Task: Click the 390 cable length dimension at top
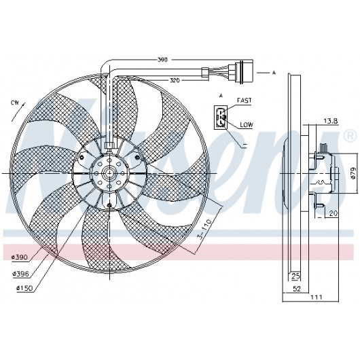click(x=162, y=60)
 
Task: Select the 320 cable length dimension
click(x=175, y=80)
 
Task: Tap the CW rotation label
click(x=15, y=103)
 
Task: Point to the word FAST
click(x=245, y=101)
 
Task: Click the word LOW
click(x=247, y=125)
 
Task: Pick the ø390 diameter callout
click(x=20, y=257)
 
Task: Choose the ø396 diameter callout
click(x=20, y=274)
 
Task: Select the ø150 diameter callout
click(x=24, y=288)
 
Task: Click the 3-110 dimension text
click(x=206, y=229)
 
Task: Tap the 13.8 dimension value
click(x=331, y=121)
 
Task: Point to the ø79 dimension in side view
click(x=353, y=173)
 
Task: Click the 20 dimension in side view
click(x=334, y=213)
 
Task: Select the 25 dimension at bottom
click(x=295, y=276)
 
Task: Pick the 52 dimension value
click(x=297, y=289)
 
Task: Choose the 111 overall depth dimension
click(x=317, y=297)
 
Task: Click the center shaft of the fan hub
click(x=109, y=173)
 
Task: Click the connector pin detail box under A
click(x=221, y=118)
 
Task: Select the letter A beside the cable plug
click(x=274, y=73)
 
